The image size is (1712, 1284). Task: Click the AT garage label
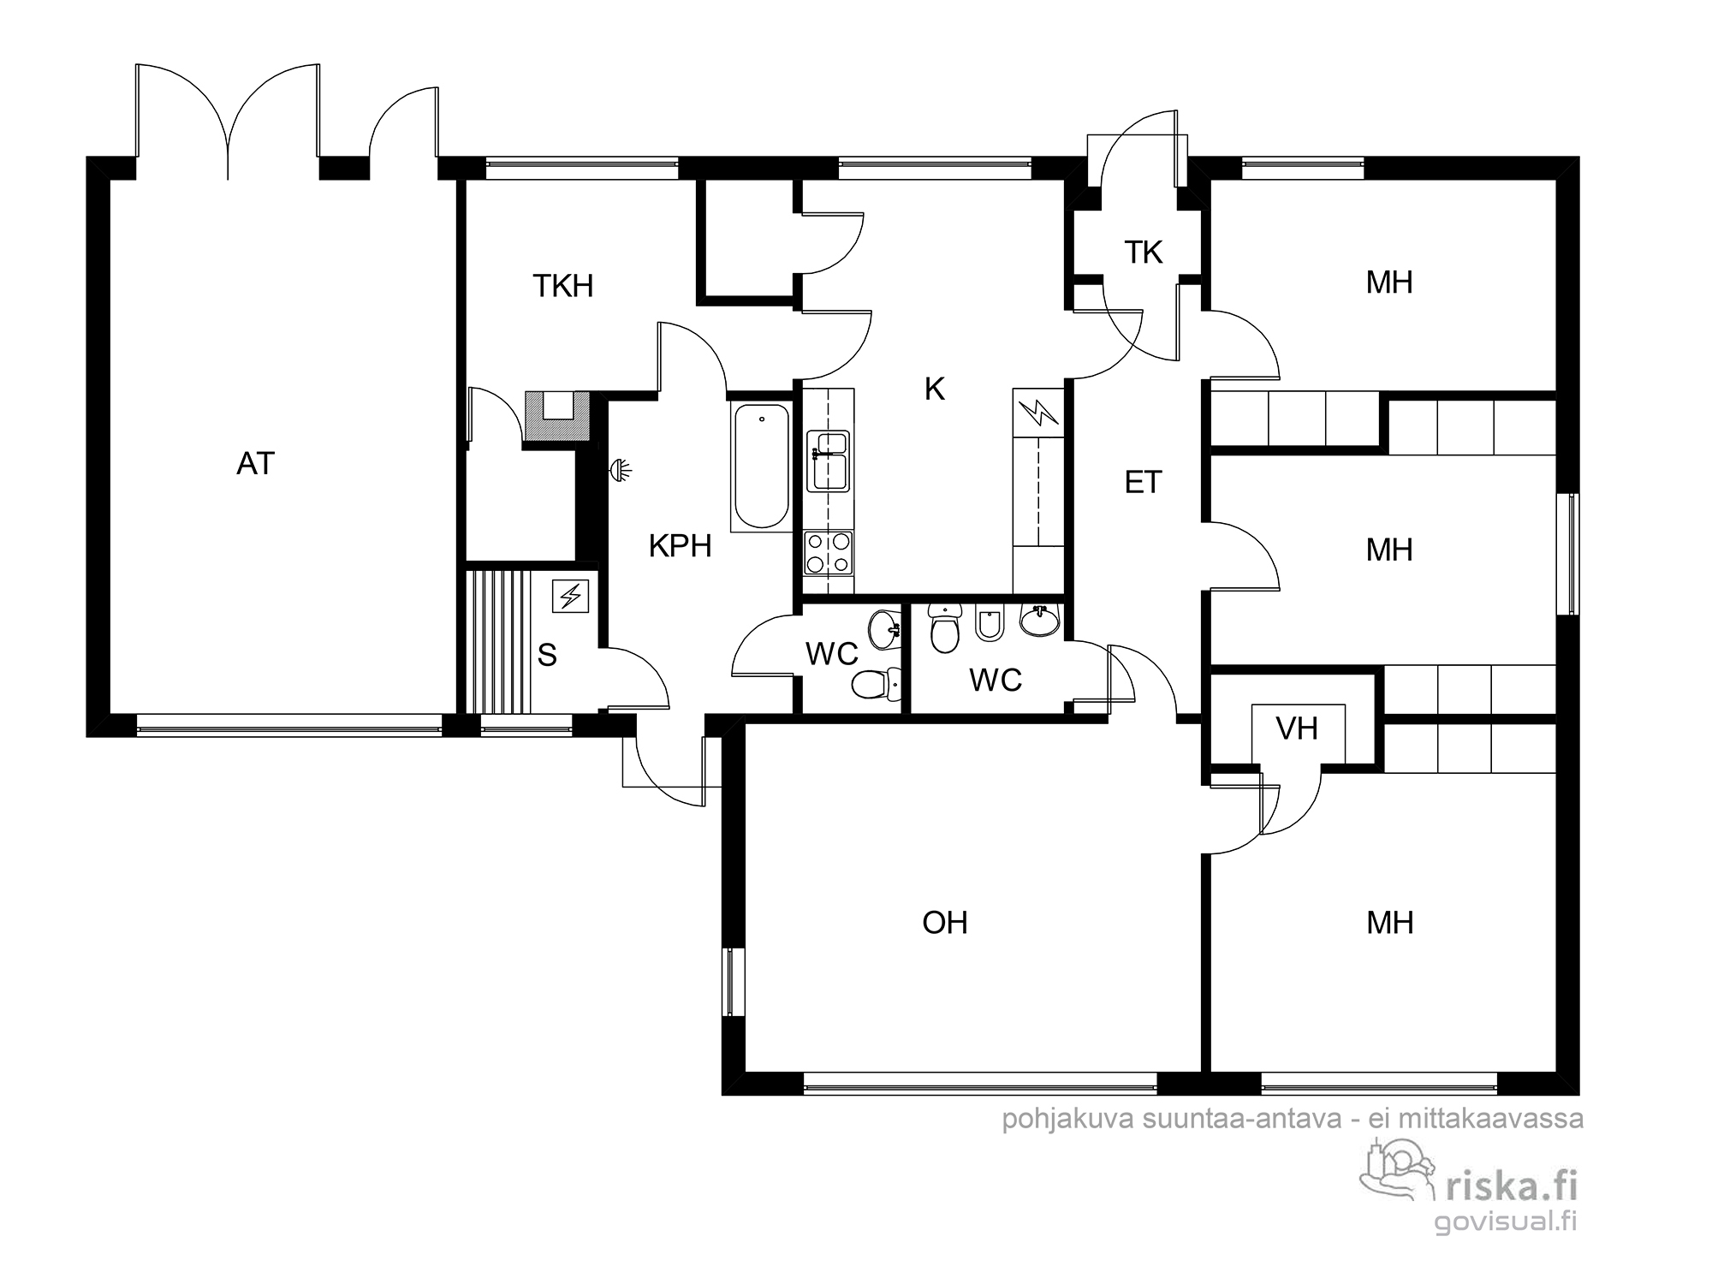(x=255, y=464)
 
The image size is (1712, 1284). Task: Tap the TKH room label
(x=562, y=286)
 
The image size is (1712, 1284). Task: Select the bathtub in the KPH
(x=761, y=467)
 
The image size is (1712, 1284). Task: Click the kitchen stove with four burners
(x=828, y=552)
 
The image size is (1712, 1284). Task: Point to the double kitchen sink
(x=828, y=461)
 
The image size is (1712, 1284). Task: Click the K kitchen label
(x=934, y=389)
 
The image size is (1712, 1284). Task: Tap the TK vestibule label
(x=1143, y=253)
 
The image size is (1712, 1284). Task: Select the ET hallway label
(x=1143, y=483)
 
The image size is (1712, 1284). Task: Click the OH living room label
(x=945, y=923)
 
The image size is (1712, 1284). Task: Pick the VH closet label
(x=1297, y=729)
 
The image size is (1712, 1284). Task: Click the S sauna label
(x=547, y=656)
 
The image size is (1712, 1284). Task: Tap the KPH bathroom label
(x=680, y=546)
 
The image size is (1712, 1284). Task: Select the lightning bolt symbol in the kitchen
(x=1037, y=413)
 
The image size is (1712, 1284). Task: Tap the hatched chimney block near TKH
(x=556, y=417)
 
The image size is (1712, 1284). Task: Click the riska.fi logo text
(x=1511, y=1186)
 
